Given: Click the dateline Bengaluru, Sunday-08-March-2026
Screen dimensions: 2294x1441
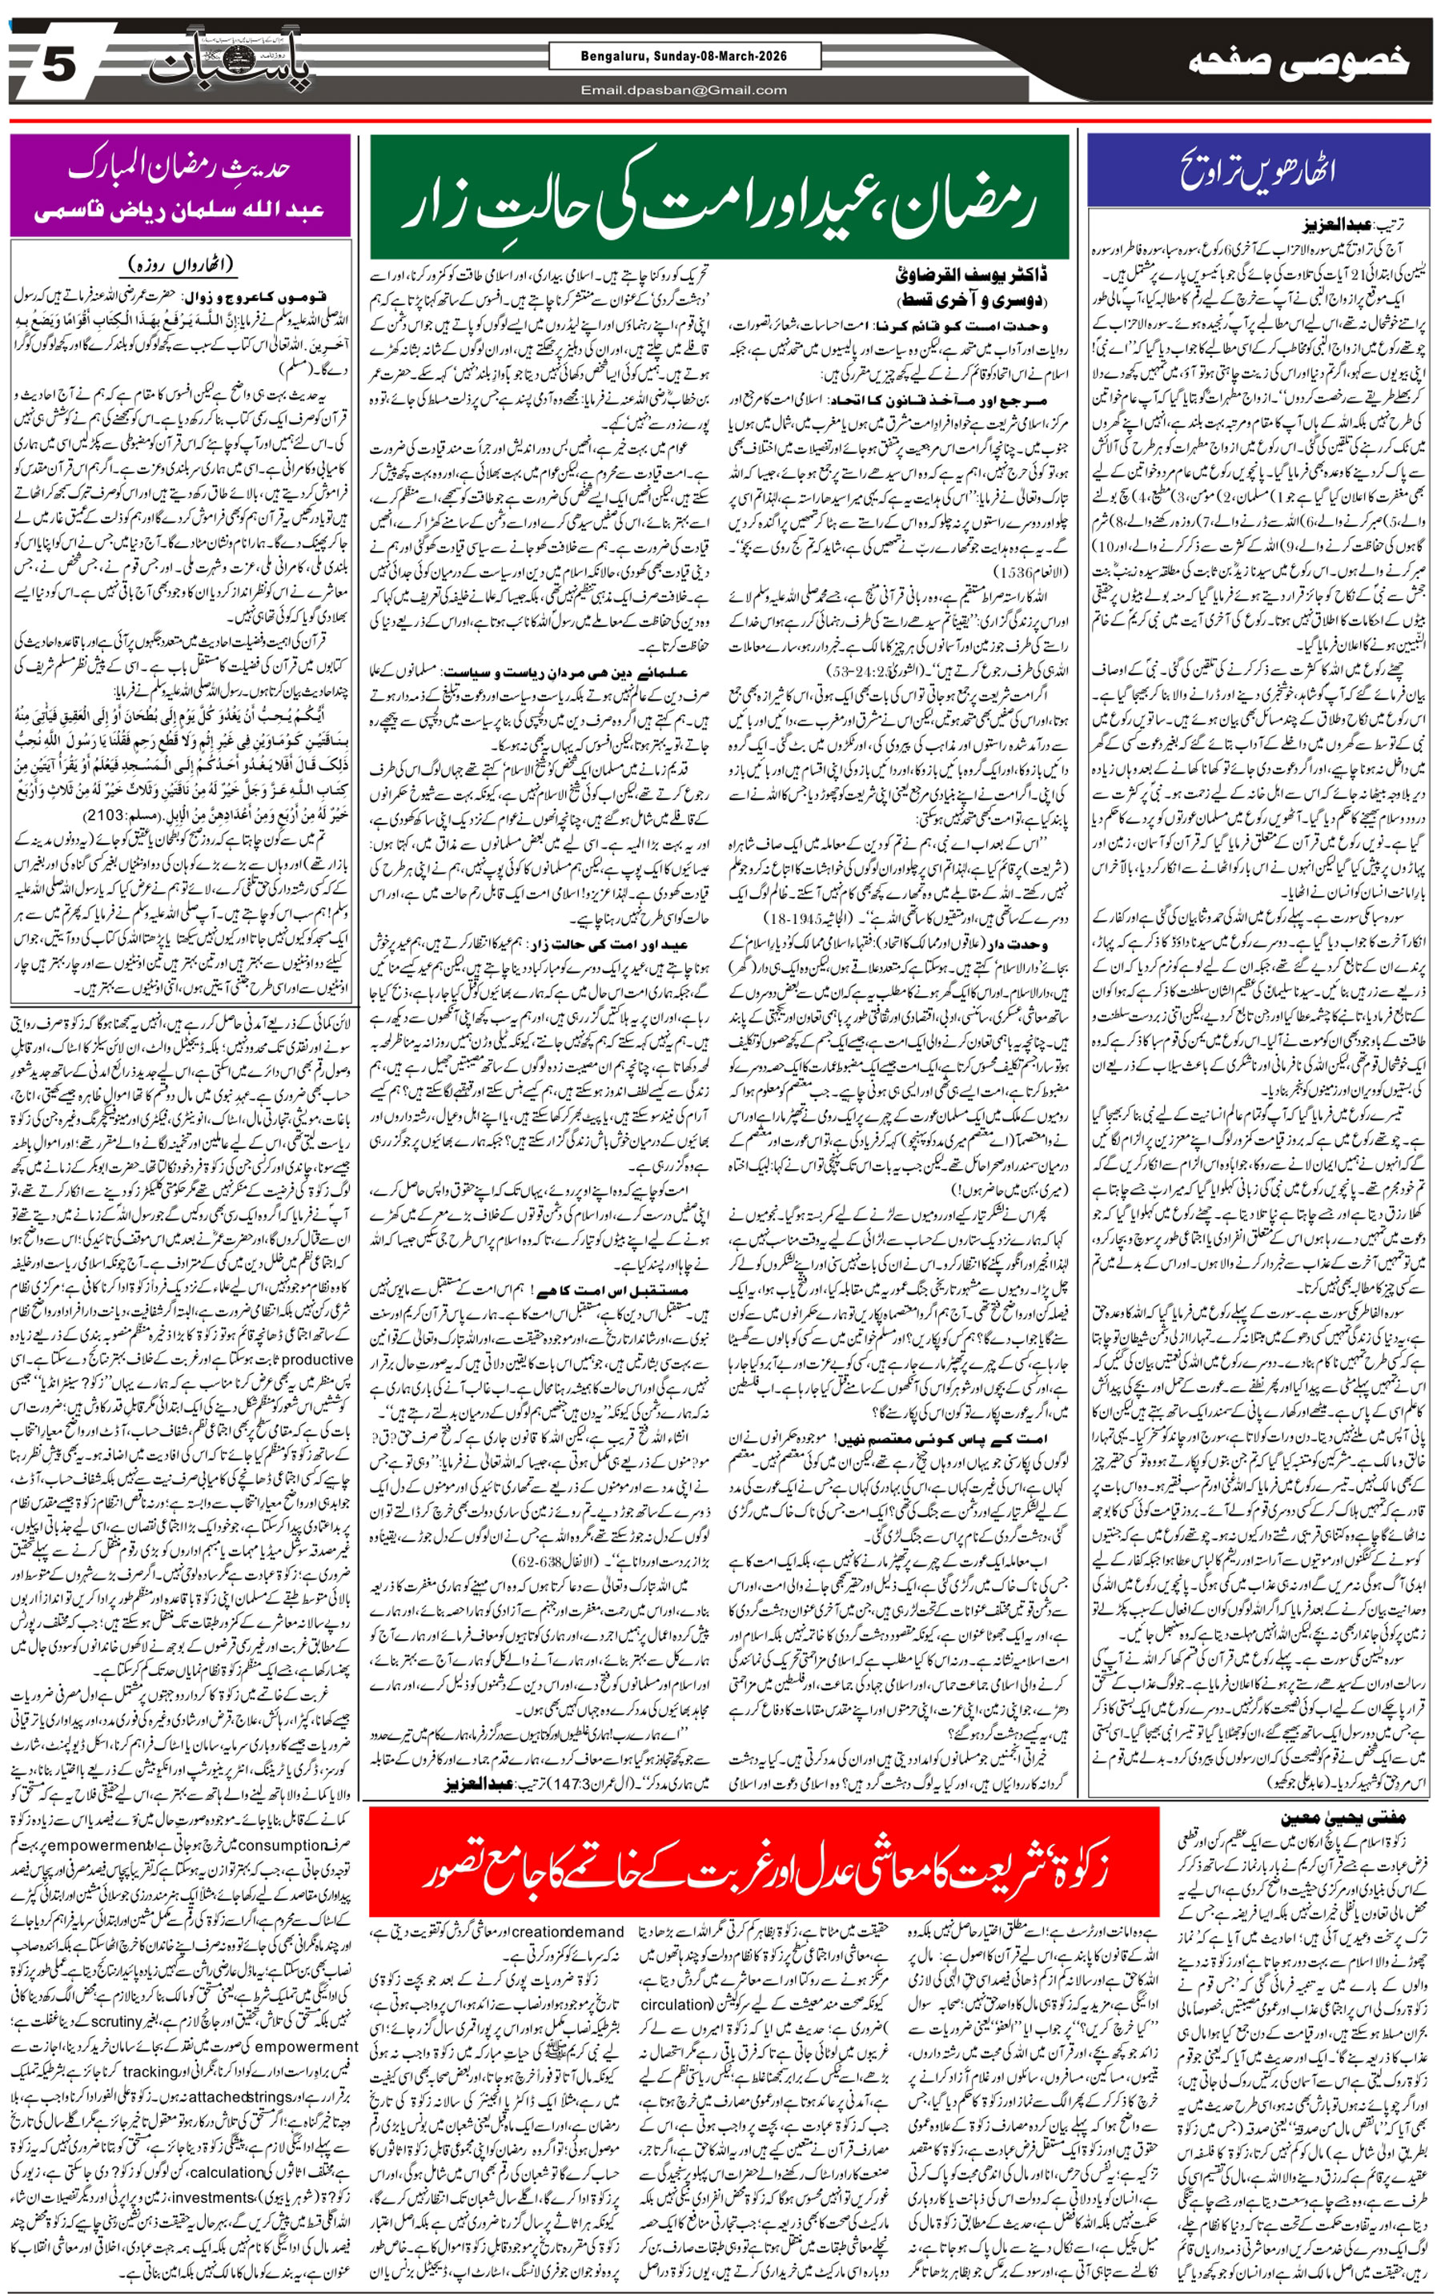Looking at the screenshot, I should point(683,57).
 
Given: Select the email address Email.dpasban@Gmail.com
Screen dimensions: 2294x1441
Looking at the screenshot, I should point(683,90).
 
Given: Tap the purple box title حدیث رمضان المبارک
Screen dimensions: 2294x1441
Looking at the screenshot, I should point(180,167).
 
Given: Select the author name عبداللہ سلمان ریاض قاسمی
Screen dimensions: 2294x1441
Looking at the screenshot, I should point(180,211).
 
